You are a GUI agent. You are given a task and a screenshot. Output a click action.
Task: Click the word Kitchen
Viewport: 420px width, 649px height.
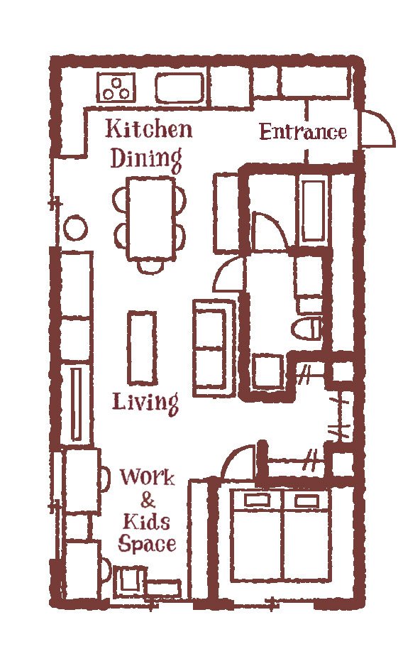point(149,129)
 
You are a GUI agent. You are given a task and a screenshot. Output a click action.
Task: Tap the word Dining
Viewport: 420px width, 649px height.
point(146,159)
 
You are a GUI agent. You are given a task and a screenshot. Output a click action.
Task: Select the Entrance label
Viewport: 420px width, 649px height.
point(303,132)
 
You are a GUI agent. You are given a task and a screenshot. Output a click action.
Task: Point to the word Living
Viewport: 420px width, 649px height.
point(145,403)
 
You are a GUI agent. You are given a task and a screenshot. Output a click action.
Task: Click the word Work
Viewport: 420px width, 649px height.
point(147,477)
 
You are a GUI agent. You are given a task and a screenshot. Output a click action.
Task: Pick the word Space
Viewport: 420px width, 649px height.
point(147,543)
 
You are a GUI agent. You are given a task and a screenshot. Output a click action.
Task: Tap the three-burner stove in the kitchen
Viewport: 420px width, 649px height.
point(116,88)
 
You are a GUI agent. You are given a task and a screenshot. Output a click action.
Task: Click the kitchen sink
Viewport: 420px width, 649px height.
point(179,88)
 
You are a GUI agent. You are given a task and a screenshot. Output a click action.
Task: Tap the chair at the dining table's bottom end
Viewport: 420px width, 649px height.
point(150,267)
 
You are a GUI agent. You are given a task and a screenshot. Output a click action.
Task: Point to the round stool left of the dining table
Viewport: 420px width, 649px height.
point(75,228)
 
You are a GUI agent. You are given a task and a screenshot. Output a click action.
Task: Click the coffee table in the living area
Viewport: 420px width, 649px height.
point(142,348)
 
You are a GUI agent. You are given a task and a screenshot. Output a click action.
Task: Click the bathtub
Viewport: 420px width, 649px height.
point(313,211)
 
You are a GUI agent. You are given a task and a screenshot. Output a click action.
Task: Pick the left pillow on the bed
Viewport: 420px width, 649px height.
point(257,500)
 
